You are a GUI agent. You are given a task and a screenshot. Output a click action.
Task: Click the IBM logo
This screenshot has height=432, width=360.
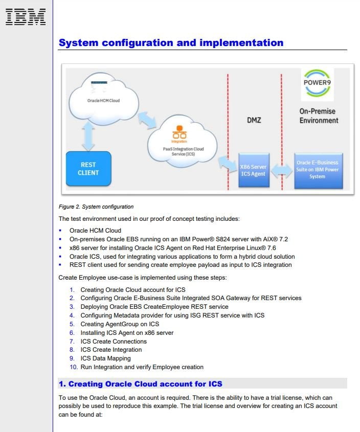tap(26, 17)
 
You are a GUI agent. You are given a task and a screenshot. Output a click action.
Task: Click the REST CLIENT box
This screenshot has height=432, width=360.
tap(88, 169)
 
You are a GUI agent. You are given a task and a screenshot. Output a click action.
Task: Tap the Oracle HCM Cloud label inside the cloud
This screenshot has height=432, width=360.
tap(103, 101)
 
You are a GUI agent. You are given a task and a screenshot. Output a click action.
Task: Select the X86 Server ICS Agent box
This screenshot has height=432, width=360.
tap(254, 170)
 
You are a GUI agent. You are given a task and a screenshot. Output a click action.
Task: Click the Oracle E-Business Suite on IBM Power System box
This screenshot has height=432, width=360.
tap(319, 171)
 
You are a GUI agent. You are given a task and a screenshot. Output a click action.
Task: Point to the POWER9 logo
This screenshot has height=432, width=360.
tap(317, 83)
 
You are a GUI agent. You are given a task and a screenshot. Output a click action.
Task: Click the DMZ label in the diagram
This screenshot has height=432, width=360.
tap(254, 120)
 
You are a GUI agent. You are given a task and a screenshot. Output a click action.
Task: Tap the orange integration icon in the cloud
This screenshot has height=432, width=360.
tap(179, 132)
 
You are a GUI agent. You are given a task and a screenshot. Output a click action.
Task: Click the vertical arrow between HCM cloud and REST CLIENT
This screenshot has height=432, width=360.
tap(88, 137)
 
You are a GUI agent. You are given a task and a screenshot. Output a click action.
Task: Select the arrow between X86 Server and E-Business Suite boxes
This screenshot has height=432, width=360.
tap(282, 171)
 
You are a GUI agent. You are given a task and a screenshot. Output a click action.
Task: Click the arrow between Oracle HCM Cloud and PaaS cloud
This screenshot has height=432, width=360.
tap(147, 120)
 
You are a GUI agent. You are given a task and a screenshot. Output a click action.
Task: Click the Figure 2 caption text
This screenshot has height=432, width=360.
tap(96, 207)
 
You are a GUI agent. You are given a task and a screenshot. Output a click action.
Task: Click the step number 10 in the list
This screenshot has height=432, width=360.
tap(74, 367)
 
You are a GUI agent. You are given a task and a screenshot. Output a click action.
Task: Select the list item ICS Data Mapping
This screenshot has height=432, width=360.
tap(105, 358)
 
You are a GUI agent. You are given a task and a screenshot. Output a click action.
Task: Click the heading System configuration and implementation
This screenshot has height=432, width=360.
tap(171, 43)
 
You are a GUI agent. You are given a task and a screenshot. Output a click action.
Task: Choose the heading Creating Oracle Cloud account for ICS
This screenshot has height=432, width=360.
tap(140, 384)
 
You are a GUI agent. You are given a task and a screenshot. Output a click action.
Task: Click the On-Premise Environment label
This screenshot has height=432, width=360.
tap(319, 116)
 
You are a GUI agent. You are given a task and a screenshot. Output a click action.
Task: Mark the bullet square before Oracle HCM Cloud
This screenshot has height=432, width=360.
tap(60, 231)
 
